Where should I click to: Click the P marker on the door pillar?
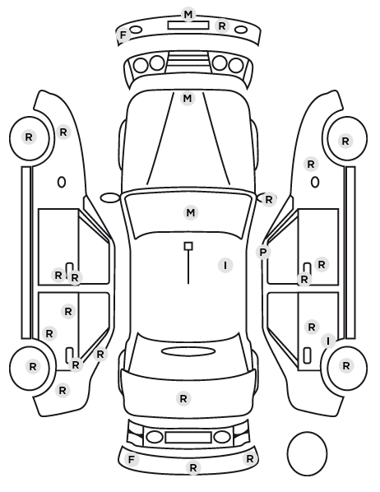263,252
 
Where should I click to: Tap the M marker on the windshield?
191,213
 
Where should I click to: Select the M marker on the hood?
188,99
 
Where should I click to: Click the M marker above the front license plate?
188,15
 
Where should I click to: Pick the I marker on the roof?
225,266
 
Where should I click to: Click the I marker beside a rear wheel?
328,341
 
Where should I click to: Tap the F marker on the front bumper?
123,35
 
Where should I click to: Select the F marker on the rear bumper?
131,460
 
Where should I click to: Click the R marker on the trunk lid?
183,398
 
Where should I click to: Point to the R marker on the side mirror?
269,199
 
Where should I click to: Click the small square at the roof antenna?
188,246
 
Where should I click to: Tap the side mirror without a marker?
110,197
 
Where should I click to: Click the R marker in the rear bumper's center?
193,467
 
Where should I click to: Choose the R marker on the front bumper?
222,26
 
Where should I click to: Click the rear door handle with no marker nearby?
307,355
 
